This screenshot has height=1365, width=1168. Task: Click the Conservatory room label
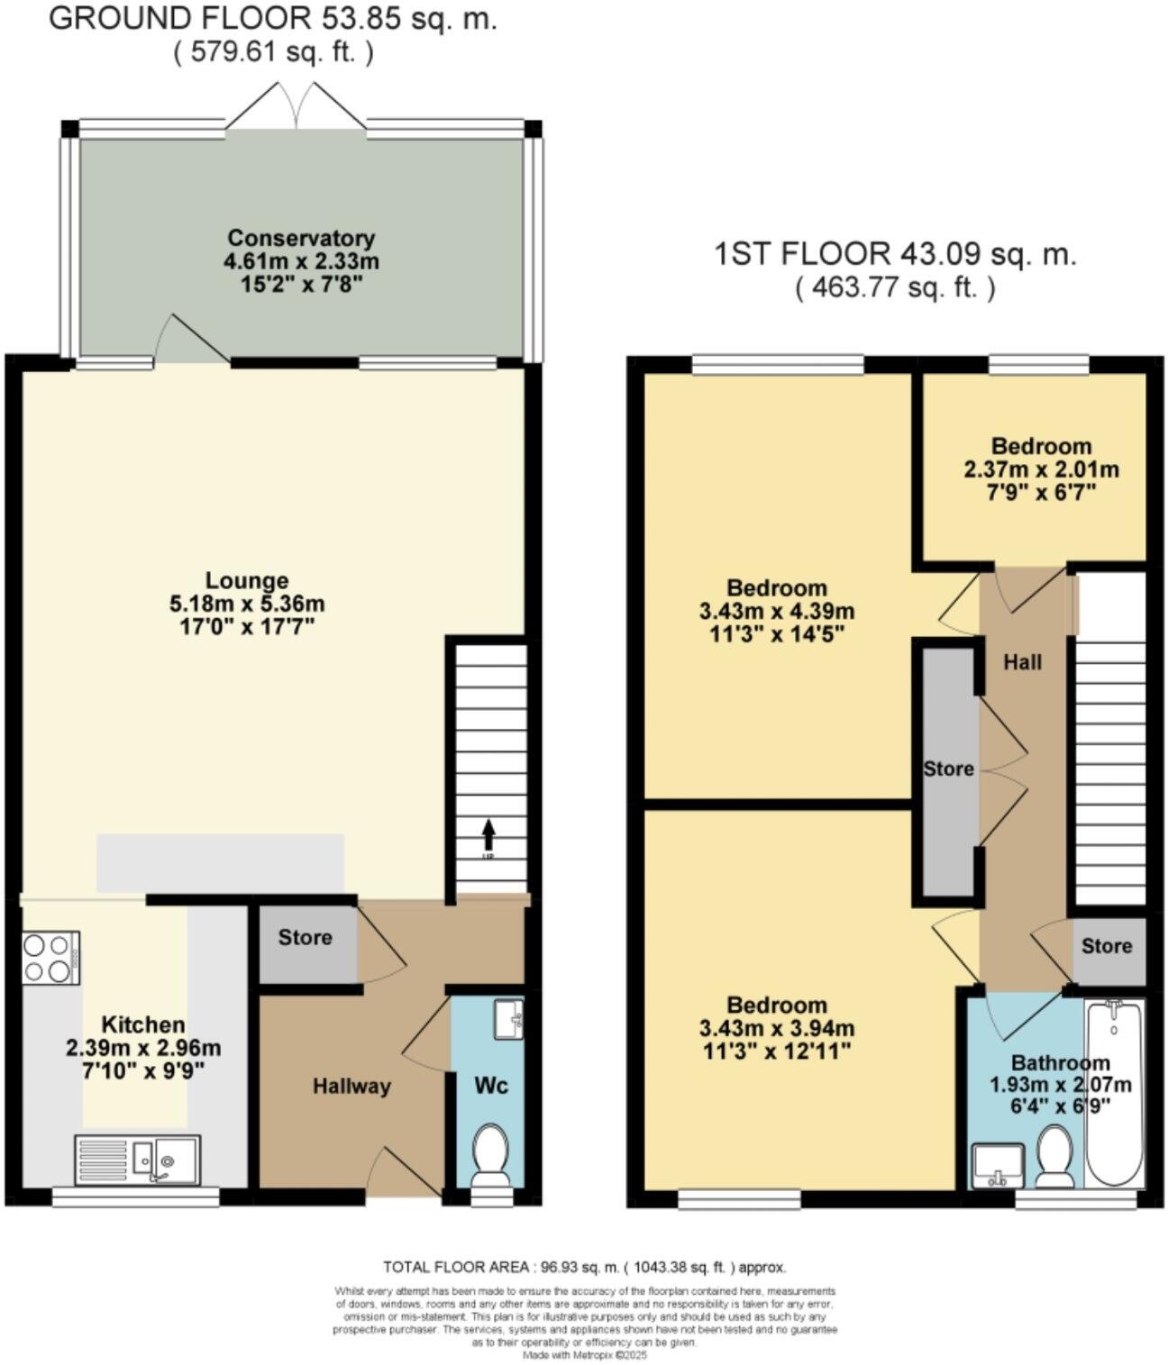coord(301,239)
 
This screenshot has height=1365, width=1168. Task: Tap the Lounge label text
coord(246,581)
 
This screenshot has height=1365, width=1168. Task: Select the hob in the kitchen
coord(50,958)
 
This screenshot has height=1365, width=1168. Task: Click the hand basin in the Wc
coord(509,1019)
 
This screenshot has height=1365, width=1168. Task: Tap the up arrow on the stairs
coord(488,830)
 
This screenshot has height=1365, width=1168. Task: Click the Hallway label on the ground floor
coord(351,1087)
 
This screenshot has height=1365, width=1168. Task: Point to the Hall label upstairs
coord(1023,662)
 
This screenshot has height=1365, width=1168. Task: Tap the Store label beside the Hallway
coord(305,938)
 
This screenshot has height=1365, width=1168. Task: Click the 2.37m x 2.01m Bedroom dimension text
coord(1042,469)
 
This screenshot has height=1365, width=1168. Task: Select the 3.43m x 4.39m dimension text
coord(777,611)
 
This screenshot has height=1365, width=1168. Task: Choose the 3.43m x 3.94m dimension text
coord(777,1028)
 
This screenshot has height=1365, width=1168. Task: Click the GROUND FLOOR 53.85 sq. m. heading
coord(272,20)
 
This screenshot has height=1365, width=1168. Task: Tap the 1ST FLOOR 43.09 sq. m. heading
coord(895,254)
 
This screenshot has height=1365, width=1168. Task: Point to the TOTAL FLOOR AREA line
coord(585,1266)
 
